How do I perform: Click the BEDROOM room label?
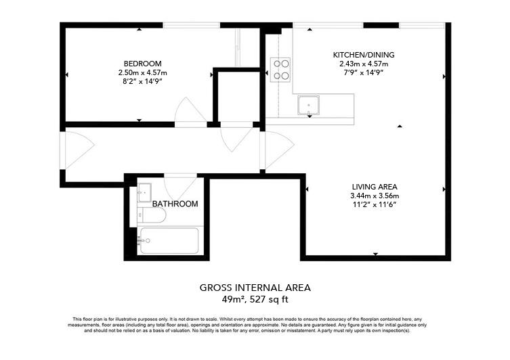[142, 64]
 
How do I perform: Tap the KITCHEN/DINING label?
[363, 55]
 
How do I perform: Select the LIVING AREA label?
[374, 187]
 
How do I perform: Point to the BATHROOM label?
[175, 204]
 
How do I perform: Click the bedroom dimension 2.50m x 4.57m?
[142, 72]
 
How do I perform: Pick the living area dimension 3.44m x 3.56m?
[374, 196]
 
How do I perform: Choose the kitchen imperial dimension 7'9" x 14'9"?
[363, 72]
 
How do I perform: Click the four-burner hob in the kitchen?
[281, 70]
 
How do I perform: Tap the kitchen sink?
[310, 105]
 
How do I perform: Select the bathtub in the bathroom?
[169, 240]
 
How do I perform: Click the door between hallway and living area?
[277, 150]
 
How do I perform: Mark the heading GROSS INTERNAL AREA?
[255, 288]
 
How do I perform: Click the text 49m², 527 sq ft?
[255, 299]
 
